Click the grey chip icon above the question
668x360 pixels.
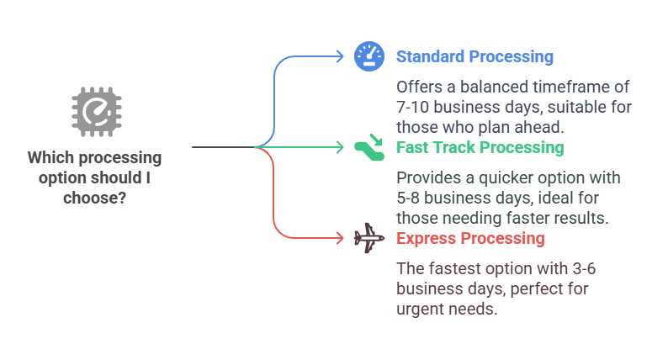pyautogui.click(x=97, y=112)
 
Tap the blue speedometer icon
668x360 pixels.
pyautogui.click(x=369, y=56)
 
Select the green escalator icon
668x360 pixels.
pyautogui.click(x=369, y=147)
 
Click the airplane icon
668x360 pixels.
pyautogui.click(x=369, y=238)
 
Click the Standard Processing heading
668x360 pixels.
pyautogui.click(x=474, y=56)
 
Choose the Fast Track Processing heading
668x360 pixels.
pyautogui.click(x=480, y=147)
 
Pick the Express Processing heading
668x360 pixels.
pyautogui.click(x=470, y=238)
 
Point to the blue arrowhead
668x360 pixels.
pyautogui.click(x=340, y=56)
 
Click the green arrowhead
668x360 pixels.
pyautogui.click(x=340, y=147)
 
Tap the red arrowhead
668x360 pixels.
pyautogui.click(x=340, y=238)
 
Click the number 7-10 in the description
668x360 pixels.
pyautogui.click(x=412, y=108)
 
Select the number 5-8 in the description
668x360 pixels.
pyautogui.click(x=408, y=199)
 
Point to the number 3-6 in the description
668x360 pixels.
pyautogui.click(x=584, y=269)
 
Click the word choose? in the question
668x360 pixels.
pyautogui.click(x=94, y=199)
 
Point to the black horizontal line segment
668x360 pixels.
pyautogui.click(x=224, y=147)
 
